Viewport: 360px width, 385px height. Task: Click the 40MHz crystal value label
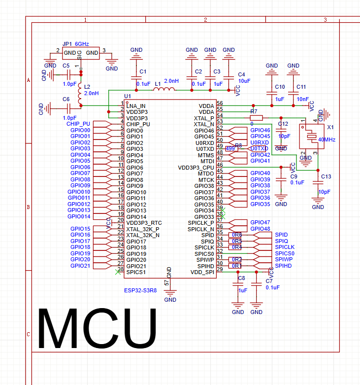pyautogui.click(x=327, y=140)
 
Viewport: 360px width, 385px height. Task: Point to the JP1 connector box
pyautogui.click(x=81, y=53)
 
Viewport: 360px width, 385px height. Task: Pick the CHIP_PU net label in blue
pyautogui.click(x=78, y=124)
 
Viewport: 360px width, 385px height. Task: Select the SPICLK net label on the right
pyautogui.click(x=285, y=247)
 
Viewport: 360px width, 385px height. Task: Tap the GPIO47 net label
pyautogui.click(x=260, y=222)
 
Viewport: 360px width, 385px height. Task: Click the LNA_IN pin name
pyautogui.click(x=136, y=106)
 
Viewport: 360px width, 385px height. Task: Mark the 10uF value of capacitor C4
pyautogui.click(x=244, y=80)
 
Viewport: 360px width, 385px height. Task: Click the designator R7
pyautogui.click(x=254, y=112)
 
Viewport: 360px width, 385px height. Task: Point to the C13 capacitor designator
pyautogui.click(x=326, y=176)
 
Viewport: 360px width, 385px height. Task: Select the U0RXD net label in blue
pyautogui.click(x=259, y=142)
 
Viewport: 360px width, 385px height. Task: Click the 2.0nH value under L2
pyautogui.click(x=92, y=93)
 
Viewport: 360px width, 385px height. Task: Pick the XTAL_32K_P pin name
pyautogui.click(x=143, y=229)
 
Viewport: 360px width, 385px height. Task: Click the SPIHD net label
pyautogui.click(x=283, y=266)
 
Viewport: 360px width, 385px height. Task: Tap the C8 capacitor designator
pyautogui.click(x=241, y=279)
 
